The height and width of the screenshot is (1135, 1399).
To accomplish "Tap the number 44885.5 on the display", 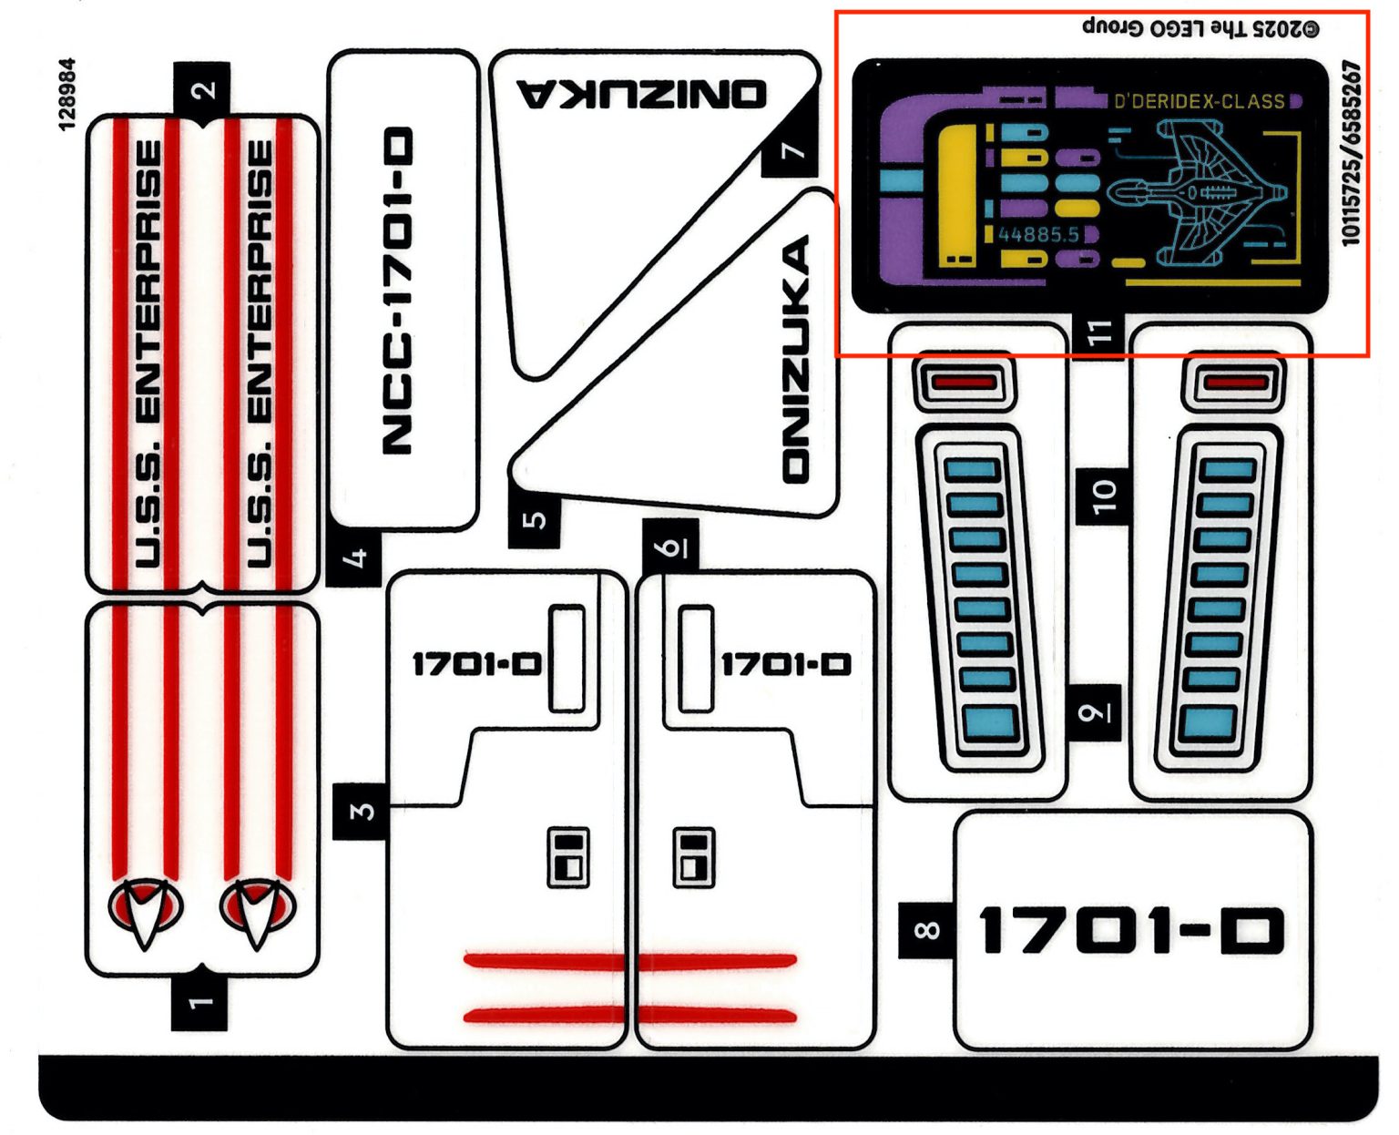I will point(1038,235).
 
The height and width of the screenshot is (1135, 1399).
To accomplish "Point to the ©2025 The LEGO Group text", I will point(1200,27).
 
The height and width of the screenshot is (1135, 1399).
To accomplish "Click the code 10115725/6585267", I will point(1351,153).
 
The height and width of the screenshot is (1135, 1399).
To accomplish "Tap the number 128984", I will point(67,95).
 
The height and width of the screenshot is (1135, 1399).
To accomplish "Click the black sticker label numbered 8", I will point(926,930).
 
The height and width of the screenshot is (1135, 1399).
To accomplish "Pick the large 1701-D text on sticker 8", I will point(1130,930).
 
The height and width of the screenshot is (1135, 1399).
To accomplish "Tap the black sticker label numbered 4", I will point(355,557).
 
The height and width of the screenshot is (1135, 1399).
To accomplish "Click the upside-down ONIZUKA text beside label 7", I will point(642,94).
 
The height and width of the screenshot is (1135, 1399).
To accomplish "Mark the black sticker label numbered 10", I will point(1103,496).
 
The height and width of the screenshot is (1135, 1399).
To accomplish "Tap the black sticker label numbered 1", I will point(199,1003).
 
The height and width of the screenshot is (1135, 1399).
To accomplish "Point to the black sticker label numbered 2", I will point(202,89).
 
